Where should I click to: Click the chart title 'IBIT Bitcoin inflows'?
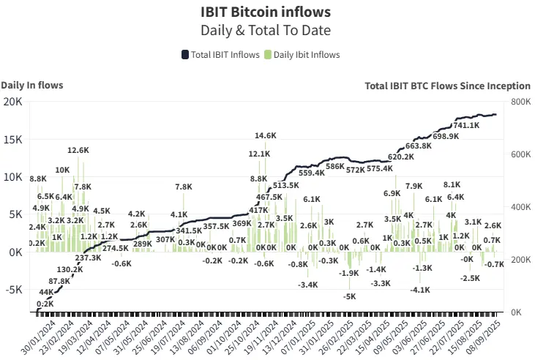266,12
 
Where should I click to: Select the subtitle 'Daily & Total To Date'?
266,30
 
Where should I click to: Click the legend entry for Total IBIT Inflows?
220,55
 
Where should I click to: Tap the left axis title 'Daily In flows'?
32,85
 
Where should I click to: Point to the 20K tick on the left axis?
13,101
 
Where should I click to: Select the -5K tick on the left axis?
13,289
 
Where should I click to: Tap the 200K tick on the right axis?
520,260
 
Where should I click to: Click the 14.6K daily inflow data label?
266,135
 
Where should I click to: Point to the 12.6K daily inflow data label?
78,150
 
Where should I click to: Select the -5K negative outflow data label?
350,296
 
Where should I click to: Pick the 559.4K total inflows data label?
311,173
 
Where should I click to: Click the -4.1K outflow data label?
420,290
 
